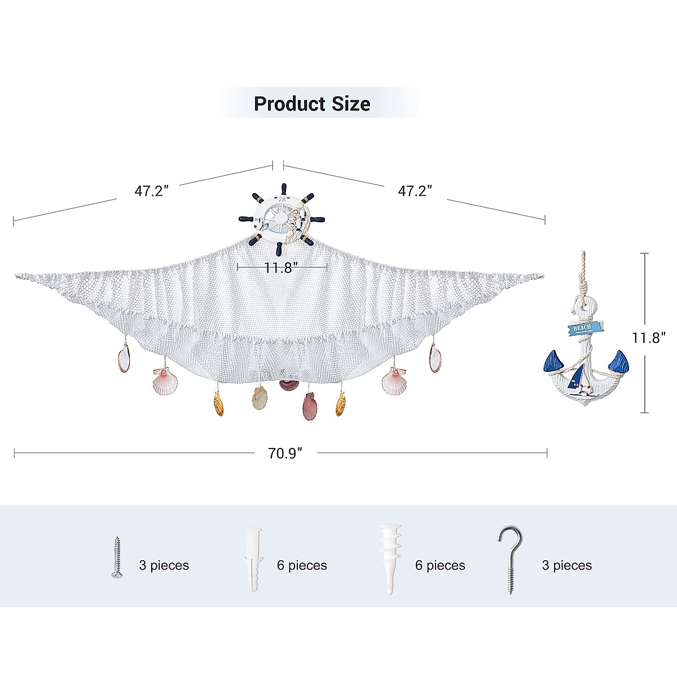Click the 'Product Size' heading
pos(312,104)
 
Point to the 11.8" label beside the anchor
pos(649,337)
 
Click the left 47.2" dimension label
pos(152,191)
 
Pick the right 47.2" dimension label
pos(415,191)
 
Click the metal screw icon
pos(117,557)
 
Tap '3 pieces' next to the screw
pos(164,565)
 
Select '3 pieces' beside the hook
pos(567,565)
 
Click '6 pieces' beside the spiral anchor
pos(440,565)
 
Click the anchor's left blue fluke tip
pos(552,361)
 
